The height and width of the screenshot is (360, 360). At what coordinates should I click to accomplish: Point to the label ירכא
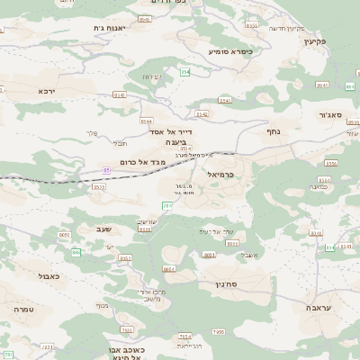point(47,90)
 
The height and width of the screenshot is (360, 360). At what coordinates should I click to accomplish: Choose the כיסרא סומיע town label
point(230,51)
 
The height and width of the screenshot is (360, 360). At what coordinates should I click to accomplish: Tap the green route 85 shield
point(106,168)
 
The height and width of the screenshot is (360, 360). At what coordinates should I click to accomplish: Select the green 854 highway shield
point(184,71)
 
